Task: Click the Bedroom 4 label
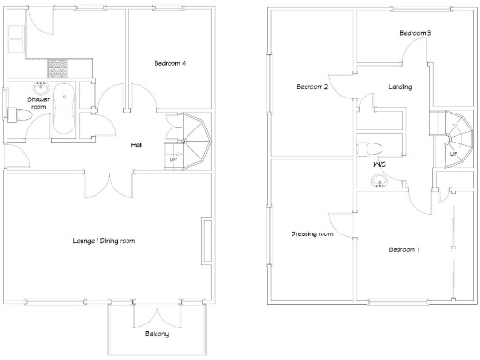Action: pos(170,63)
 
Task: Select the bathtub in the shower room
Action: pos(64,110)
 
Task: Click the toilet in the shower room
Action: pos(15,115)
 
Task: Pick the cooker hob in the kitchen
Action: pos(57,67)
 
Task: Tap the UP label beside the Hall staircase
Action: pos(172,159)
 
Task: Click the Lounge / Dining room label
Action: pos(104,241)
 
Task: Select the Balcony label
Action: pos(157,334)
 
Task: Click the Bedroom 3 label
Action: pos(414,33)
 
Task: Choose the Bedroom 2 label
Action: pos(311,87)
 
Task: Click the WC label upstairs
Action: pos(381,165)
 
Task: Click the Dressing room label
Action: pos(312,233)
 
